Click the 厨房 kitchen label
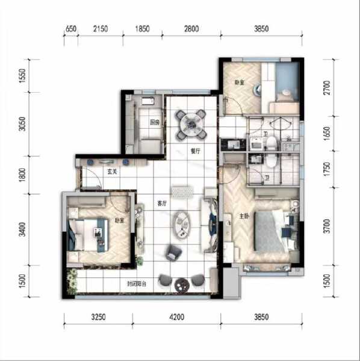[155, 123]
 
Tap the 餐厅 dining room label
[194, 152]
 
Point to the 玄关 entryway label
[112, 172]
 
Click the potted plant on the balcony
[72, 279]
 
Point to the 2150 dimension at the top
[101, 29]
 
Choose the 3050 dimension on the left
[22, 125]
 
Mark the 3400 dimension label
[22, 229]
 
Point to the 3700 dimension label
[327, 226]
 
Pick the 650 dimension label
[70, 29]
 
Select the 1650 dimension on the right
[327, 132]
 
